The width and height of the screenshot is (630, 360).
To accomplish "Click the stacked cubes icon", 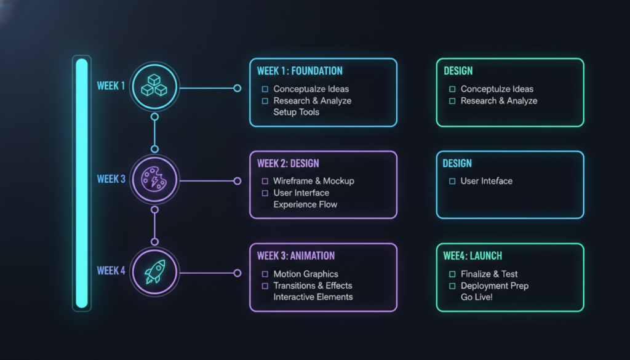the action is coord(154,85).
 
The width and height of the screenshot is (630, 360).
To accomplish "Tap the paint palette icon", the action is coord(154,179).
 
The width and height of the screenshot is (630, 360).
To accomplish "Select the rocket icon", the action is coord(154,271).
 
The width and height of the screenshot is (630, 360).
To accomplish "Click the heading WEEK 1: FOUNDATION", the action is coord(300,71).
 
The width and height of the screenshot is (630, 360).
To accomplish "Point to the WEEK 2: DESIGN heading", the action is coord(288,164).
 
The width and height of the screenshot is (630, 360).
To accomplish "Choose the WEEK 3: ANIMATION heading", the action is coord(296,256).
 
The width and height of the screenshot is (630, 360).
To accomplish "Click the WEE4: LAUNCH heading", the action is coord(472,256).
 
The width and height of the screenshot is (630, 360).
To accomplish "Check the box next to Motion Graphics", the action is coord(265,274).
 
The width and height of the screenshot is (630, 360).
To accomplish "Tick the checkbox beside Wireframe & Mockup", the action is coord(265,181).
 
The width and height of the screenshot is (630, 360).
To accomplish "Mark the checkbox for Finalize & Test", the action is coord(452,274).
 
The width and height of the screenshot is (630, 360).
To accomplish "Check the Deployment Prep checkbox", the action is coord(452,286).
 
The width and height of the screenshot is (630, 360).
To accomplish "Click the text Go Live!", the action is coord(477,297).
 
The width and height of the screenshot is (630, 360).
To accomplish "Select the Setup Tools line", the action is coord(296,112).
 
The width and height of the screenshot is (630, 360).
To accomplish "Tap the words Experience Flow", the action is coord(305,204).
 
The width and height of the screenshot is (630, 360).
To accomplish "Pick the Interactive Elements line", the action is coord(313,297).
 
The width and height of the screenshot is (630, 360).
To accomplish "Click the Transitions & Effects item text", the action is coord(313,286).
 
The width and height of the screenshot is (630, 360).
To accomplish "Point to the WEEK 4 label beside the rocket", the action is coord(111,271).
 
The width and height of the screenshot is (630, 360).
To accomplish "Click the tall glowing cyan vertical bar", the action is coord(82,183).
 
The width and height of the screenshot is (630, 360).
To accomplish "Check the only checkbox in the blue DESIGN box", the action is coord(452,181).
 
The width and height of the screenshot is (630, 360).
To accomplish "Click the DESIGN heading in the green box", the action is coord(458,71).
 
